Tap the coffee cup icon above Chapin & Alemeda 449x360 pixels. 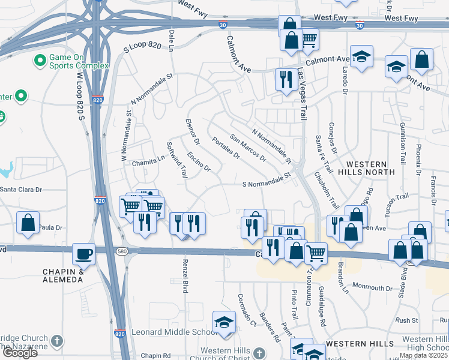click(x=83, y=253)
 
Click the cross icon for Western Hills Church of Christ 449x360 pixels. click(x=259, y=353)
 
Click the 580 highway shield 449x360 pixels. click(x=122, y=250)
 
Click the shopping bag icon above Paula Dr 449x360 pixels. click(x=28, y=222)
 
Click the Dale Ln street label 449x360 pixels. click(x=172, y=40)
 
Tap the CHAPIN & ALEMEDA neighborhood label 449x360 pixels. click(x=63, y=275)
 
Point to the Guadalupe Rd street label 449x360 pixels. click(x=322, y=313)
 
